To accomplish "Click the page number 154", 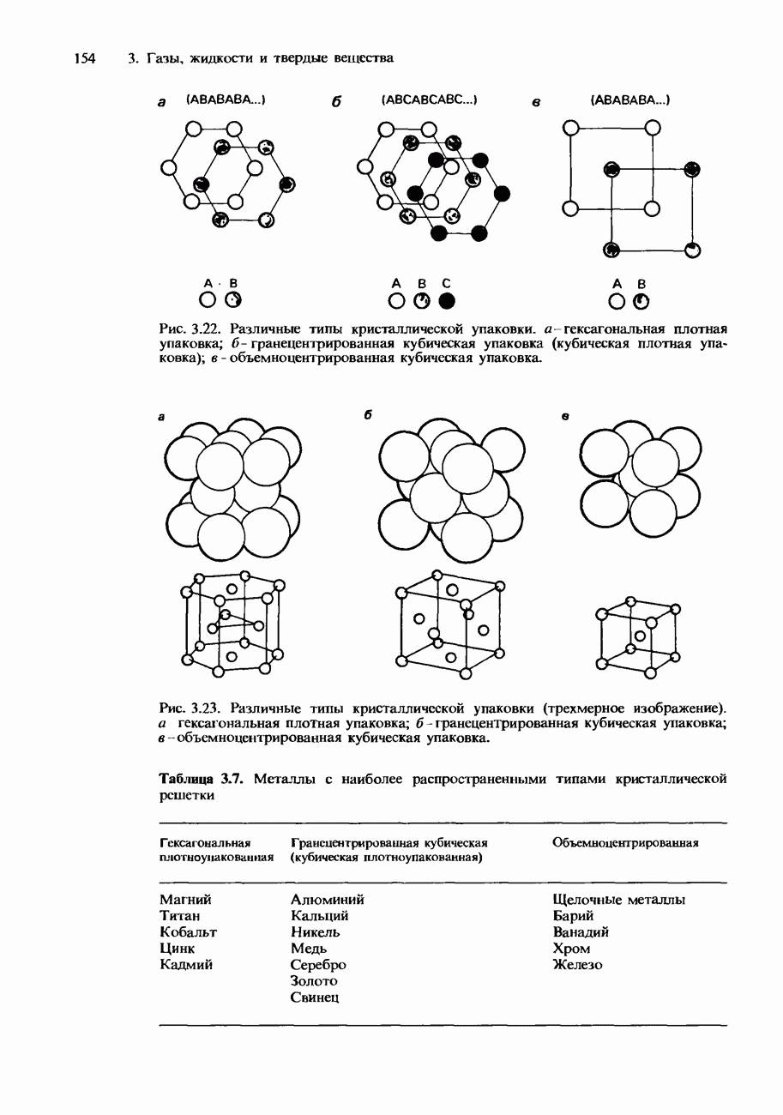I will (x=83, y=58).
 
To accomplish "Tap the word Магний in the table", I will (x=185, y=900).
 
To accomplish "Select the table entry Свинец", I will (x=315, y=997).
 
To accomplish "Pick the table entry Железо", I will (x=578, y=965).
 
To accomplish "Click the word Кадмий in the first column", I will (x=186, y=965).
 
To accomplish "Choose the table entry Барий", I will (x=574, y=916).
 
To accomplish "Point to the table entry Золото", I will (x=314, y=980).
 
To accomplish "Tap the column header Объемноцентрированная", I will (x=626, y=842).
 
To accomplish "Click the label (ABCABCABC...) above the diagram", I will (x=429, y=100).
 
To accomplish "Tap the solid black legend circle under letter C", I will (x=445, y=301).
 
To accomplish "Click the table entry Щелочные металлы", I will (x=619, y=900).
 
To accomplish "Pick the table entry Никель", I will (x=316, y=932).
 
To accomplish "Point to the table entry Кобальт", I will (x=189, y=932).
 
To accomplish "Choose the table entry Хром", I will (x=572, y=949).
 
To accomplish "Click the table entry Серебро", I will (x=318, y=965).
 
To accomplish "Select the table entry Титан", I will (x=180, y=916).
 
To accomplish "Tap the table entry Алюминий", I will (x=328, y=900).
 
